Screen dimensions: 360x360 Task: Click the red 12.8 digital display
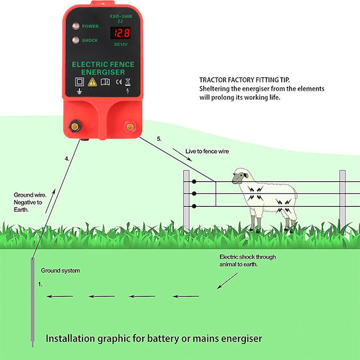pyautogui.click(x=121, y=33)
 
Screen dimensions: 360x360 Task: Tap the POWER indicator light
pyautogui.click(x=76, y=26)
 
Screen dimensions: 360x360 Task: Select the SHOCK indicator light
pyautogui.click(x=76, y=40)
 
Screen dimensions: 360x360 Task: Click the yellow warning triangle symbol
pyautogui.click(x=92, y=82)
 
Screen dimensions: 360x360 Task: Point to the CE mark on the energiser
pyautogui.click(x=119, y=82)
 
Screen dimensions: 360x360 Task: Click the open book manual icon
pyautogui.click(x=105, y=82)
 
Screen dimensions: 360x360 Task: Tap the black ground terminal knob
pyautogui.click(x=75, y=126)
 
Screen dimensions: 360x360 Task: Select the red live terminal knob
pyautogui.click(x=130, y=127)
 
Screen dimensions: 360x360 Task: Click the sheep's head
pyautogui.click(x=241, y=175)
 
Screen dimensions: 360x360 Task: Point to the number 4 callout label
pyautogui.click(x=67, y=159)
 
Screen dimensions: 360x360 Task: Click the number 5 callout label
pyautogui.click(x=159, y=139)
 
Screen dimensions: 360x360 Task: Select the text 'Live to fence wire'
pyautogui.click(x=207, y=151)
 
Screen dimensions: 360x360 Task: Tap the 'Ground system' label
pyautogui.click(x=61, y=271)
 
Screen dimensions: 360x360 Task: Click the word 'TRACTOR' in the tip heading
pyautogui.click(x=211, y=80)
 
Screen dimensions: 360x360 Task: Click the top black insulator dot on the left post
pyautogui.click(x=194, y=181)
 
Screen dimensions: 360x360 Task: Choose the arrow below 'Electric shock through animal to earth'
pyautogui.click(x=227, y=281)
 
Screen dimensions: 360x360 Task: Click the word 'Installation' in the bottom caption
pyautogui.click(x=71, y=339)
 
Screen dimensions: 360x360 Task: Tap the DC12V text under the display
pyautogui.click(x=121, y=44)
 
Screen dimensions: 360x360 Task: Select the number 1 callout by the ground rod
pyautogui.click(x=40, y=285)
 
